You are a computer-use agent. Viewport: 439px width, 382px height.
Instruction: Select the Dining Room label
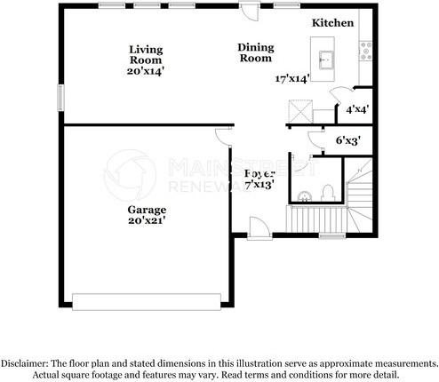pyautogui.click(x=255, y=52)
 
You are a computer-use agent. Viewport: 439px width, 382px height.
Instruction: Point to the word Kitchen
pyautogui.click(x=333, y=22)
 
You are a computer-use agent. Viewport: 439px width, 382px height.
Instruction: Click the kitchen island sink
pyautogui.click(x=325, y=60)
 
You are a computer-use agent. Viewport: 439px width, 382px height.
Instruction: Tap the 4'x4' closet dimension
pyautogui.click(x=357, y=110)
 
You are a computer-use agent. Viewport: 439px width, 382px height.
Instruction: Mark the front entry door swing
pyautogui.click(x=259, y=228)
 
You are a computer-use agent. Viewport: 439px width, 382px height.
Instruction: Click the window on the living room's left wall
pyautogui.click(x=60, y=97)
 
